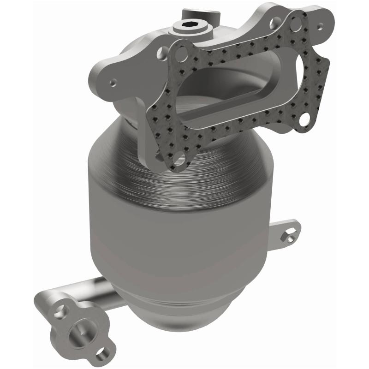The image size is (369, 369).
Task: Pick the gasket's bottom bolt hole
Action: [177, 159]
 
